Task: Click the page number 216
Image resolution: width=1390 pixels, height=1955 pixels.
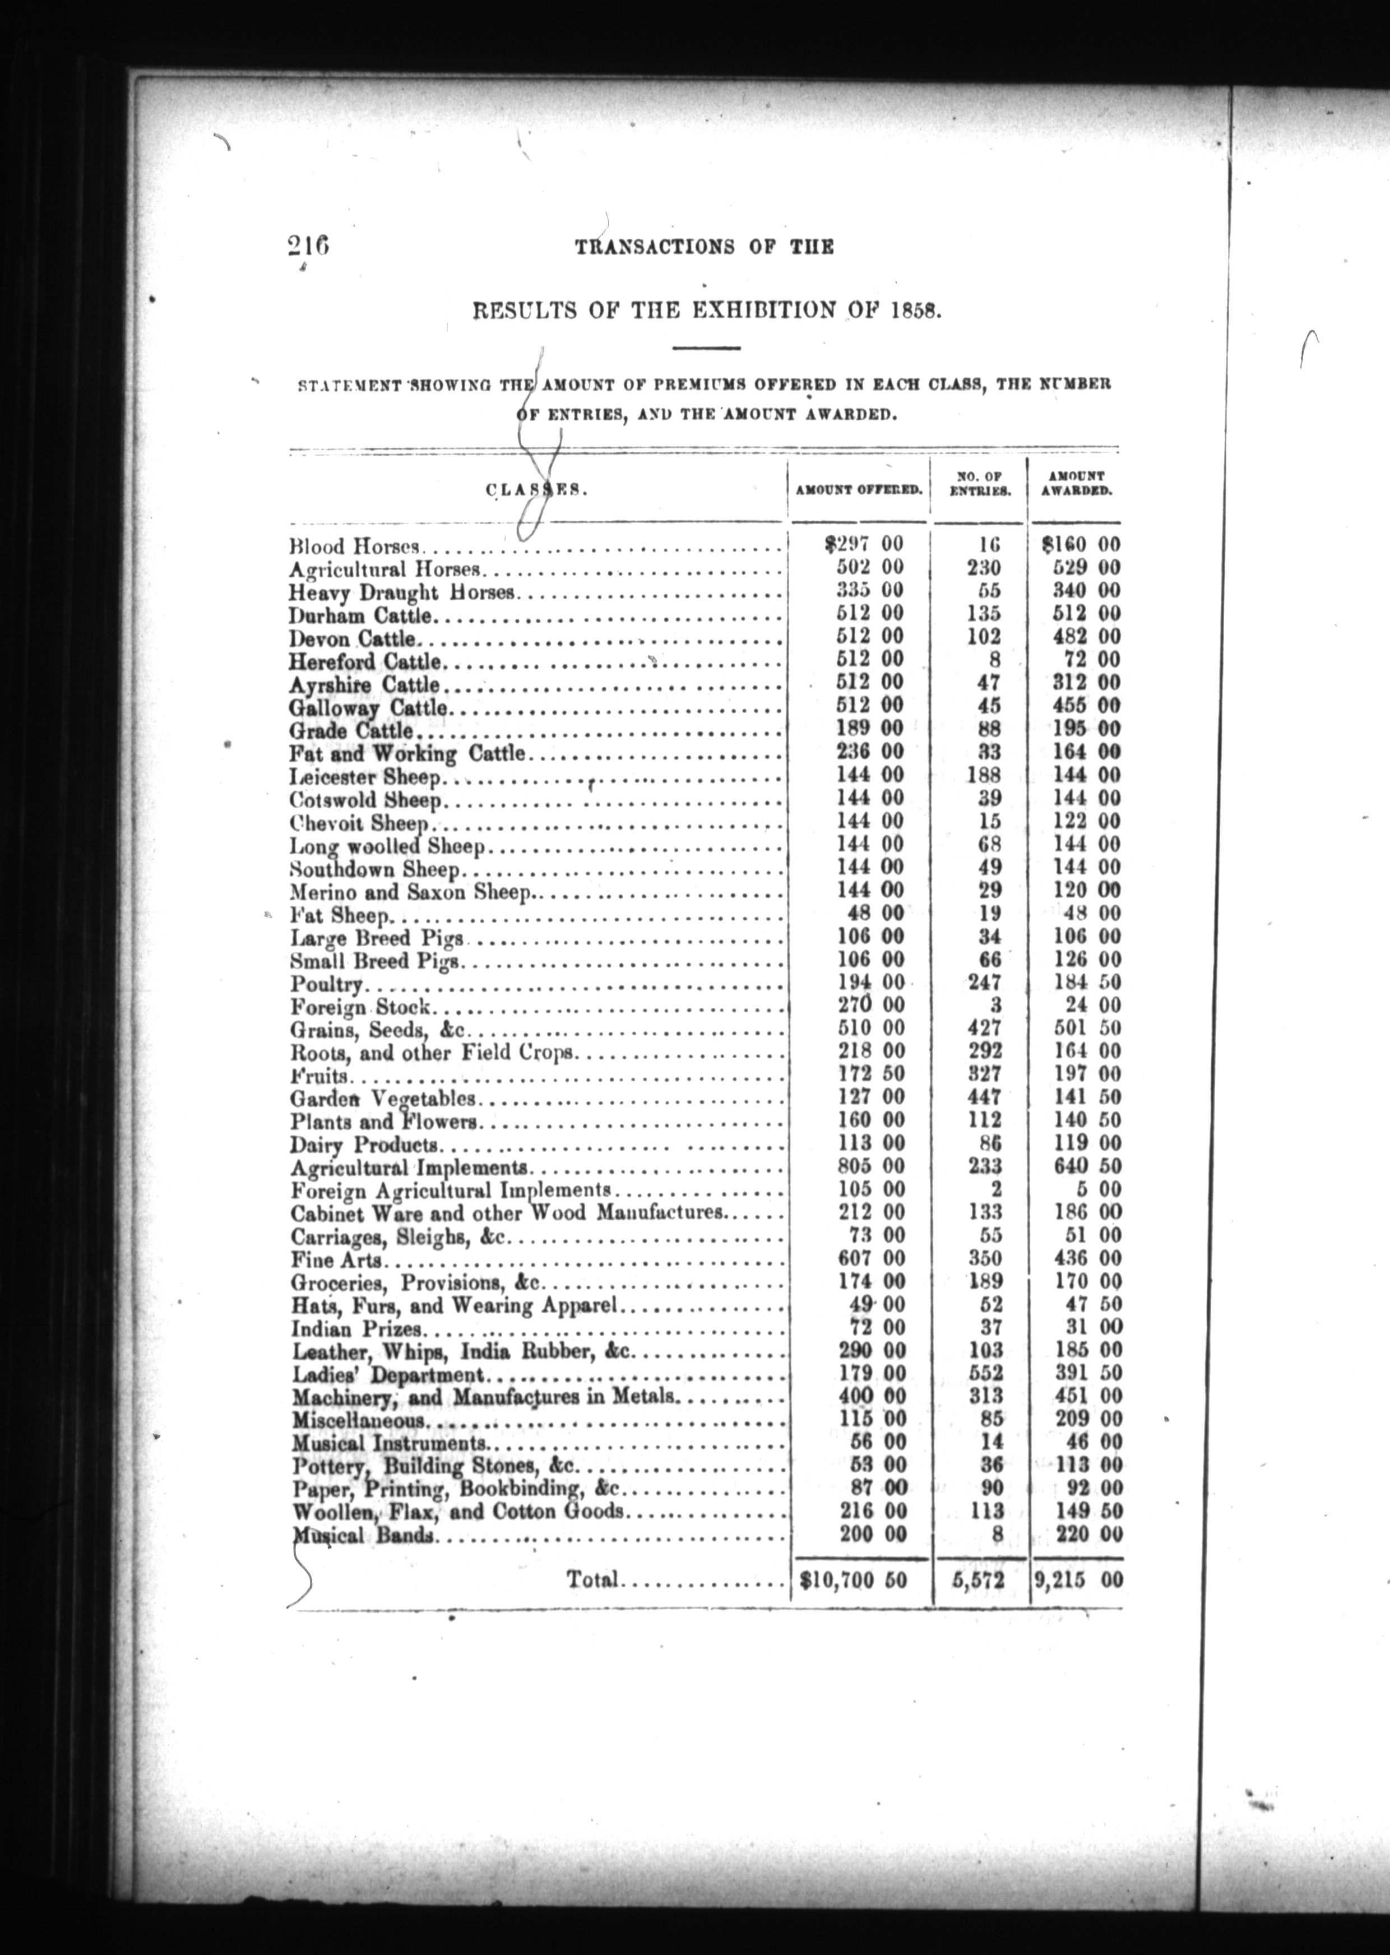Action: pyautogui.click(x=309, y=247)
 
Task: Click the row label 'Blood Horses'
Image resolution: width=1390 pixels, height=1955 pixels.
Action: pyautogui.click(x=355, y=545)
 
